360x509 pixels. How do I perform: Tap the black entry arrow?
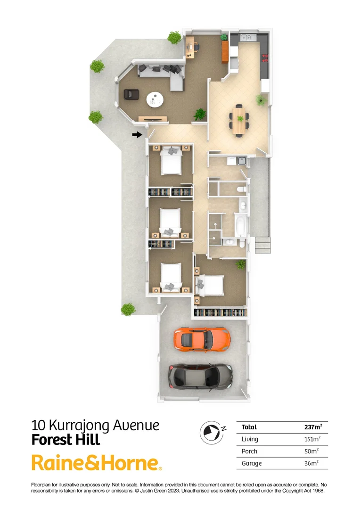click(x=137, y=135)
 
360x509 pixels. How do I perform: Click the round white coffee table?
click(x=155, y=99)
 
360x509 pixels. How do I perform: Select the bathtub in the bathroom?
click(x=240, y=225)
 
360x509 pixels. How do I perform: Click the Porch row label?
click(x=249, y=451)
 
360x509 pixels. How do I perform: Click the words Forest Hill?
click(x=65, y=440)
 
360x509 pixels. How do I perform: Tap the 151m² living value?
click(x=312, y=439)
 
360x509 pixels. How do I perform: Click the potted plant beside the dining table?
click(x=260, y=99)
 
